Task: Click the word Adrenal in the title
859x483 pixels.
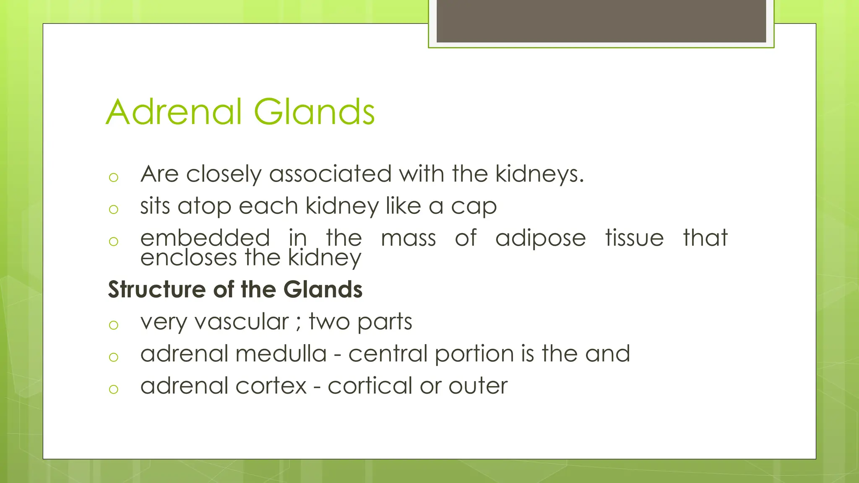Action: (x=174, y=112)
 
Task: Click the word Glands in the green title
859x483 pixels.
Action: (x=314, y=112)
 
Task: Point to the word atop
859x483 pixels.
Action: (x=204, y=206)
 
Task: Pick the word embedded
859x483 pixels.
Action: (x=205, y=238)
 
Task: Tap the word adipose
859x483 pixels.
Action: (x=540, y=239)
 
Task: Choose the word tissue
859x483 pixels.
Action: (x=634, y=238)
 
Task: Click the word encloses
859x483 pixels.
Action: (x=188, y=257)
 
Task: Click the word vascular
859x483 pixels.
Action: (x=242, y=322)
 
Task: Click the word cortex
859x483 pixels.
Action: (x=271, y=386)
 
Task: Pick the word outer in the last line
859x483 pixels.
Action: (x=478, y=386)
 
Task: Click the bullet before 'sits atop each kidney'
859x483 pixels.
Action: (x=113, y=209)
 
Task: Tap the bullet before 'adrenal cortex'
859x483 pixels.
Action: (x=113, y=389)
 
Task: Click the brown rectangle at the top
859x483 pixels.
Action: (x=601, y=21)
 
